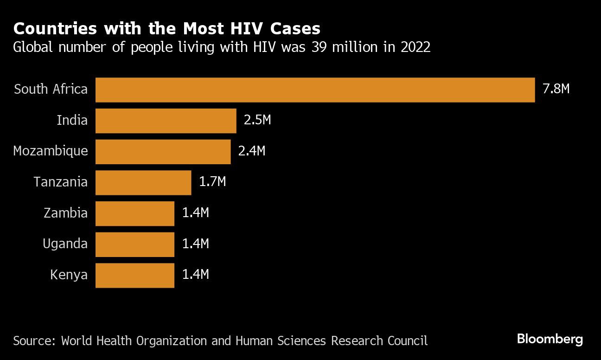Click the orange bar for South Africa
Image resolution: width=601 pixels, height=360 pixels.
[315, 90]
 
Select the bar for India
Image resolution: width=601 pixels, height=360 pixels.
[166, 121]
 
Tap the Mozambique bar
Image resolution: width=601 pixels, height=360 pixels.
[163, 151]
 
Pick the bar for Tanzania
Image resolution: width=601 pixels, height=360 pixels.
[143, 182]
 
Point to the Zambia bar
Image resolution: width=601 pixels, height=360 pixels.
[135, 213]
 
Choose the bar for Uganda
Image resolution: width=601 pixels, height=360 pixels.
[135, 244]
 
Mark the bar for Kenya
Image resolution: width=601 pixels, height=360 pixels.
[135, 275]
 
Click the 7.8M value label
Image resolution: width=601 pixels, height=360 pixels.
[556, 89]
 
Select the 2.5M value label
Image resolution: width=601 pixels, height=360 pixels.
[257, 120]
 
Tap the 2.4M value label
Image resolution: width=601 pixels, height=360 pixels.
[251, 151]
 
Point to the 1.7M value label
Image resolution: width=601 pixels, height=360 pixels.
[212, 181]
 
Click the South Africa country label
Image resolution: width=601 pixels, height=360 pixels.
[51, 89]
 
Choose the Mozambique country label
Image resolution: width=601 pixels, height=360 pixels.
[50, 151]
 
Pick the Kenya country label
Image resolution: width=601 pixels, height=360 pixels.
[69, 275]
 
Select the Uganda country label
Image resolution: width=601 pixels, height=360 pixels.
[65, 244]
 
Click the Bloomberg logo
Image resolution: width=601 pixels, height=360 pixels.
[550, 340]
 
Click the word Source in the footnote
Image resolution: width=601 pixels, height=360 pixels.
[33, 341]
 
